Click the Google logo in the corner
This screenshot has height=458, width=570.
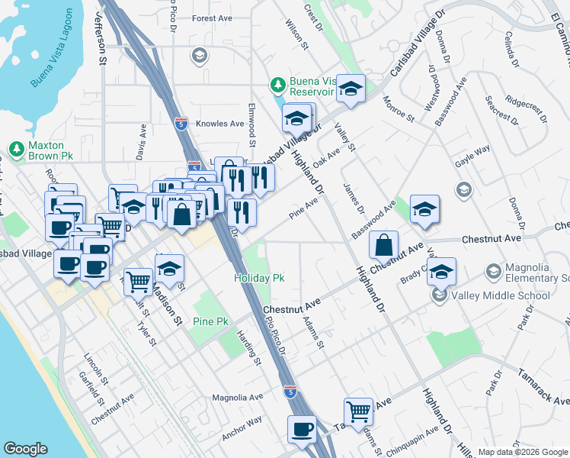(25, 449)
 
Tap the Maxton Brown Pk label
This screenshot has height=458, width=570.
(50, 150)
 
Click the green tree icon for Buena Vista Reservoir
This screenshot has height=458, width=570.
(279, 83)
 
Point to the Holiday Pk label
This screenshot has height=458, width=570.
(259, 279)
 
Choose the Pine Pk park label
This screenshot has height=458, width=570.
(211, 321)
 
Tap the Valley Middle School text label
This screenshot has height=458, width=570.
(500, 295)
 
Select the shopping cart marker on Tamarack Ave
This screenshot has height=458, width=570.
(358, 411)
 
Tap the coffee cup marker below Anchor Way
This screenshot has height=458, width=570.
(303, 429)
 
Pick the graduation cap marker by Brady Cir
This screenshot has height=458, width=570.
(441, 271)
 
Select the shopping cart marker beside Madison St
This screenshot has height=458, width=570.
(138, 282)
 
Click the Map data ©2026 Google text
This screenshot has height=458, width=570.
(523, 452)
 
